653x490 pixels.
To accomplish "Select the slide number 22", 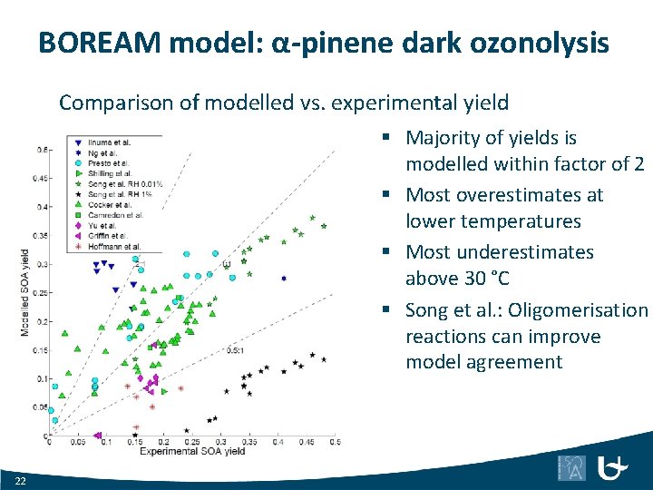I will point(21,479).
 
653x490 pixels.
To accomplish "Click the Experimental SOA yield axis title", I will point(192,451).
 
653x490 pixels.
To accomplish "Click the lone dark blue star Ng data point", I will point(284,279).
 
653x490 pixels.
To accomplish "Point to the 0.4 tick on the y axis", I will point(41,207).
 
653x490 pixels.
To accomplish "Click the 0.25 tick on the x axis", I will point(191,442).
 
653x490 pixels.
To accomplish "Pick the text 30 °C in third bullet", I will point(483,279).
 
